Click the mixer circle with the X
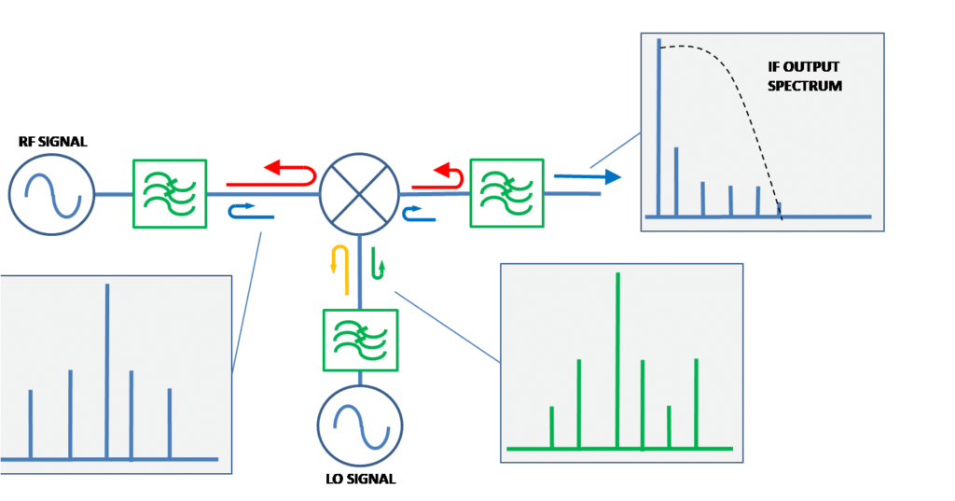pyautogui.click(x=359, y=194)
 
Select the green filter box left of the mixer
pyautogui.click(x=169, y=193)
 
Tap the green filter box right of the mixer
pyautogui.click(x=506, y=192)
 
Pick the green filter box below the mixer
pyautogui.click(x=360, y=340)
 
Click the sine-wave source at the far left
pyautogui.click(x=51, y=193)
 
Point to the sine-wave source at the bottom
pyautogui.click(x=360, y=425)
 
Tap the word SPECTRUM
pyautogui.click(x=805, y=86)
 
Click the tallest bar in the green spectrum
pyautogui.click(x=617, y=359)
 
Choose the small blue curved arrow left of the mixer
pyautogui.click(x=251, y=214)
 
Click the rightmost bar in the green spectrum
pyautogui.click(x=696, y=403)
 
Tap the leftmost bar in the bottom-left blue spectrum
pyautogui.click(x=31, y=424)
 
